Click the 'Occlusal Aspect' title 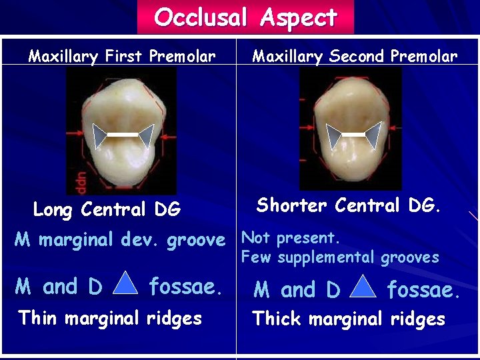click(x=245, y=17)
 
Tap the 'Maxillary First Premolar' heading click(x=121, y=56)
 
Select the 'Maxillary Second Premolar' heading click(x=355, y=56)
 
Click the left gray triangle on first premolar click(x=99, y=135)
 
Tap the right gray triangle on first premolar click(x=145, y=135)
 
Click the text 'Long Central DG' click(x=107, y=210)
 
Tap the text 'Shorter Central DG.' click(x=349, y=205)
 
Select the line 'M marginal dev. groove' click(x=120, y=240)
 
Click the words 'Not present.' click(x=290, y=238)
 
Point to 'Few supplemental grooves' click(x=340, y=257)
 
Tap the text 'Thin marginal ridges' click(x=111, y=317)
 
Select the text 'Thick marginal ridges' click(x=349, y=319)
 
